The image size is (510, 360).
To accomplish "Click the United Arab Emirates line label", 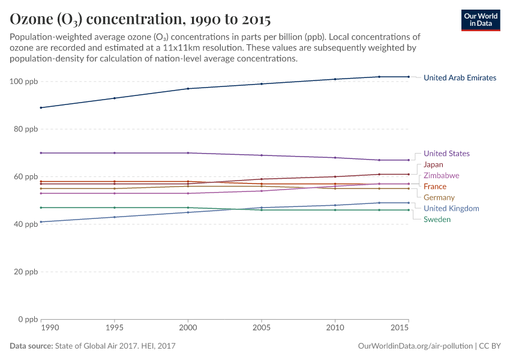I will coord(460,77).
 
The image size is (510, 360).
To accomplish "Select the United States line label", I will coord(446,154).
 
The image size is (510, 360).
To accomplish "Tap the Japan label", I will coord(433,164).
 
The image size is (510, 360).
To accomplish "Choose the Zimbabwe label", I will coord(441,176).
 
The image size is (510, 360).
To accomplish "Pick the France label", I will coord(434,187).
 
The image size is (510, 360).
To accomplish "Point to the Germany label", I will coord(439,197).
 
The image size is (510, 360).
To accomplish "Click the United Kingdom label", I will coord(451,208).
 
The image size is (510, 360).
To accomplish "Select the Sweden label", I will coord(437,220).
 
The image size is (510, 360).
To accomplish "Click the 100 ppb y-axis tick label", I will coord(24,82).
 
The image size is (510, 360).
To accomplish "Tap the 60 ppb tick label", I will coord(26,176).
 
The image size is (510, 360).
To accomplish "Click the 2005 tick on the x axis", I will coord(262,329).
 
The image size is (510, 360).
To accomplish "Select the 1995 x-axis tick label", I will coord(115,329).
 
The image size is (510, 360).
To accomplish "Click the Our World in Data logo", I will coord(480,20).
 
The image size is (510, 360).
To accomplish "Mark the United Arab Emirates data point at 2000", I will coord(188,89).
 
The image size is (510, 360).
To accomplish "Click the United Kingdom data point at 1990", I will coord(41,222).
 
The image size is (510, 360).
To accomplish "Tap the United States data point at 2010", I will coord(335,158).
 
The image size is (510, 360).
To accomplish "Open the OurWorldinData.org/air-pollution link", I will coord(415,346).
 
